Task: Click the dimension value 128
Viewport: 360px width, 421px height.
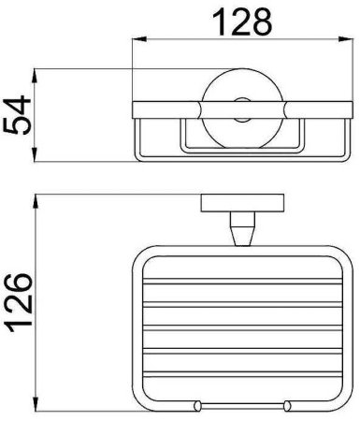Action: tap(242, 22)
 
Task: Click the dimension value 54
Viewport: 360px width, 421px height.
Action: tap(17, 115)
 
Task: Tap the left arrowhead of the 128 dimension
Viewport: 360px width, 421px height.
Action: tap(139, 39)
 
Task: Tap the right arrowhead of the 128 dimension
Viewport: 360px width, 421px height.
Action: tap(346, 39)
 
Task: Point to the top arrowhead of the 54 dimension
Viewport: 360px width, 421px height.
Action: tap(36, 76)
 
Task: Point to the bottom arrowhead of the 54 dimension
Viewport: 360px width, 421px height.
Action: tap(36, 154)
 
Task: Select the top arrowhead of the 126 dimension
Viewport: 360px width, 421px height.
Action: tap(36, 201)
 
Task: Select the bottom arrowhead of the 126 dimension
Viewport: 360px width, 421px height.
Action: tap(36, 404)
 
